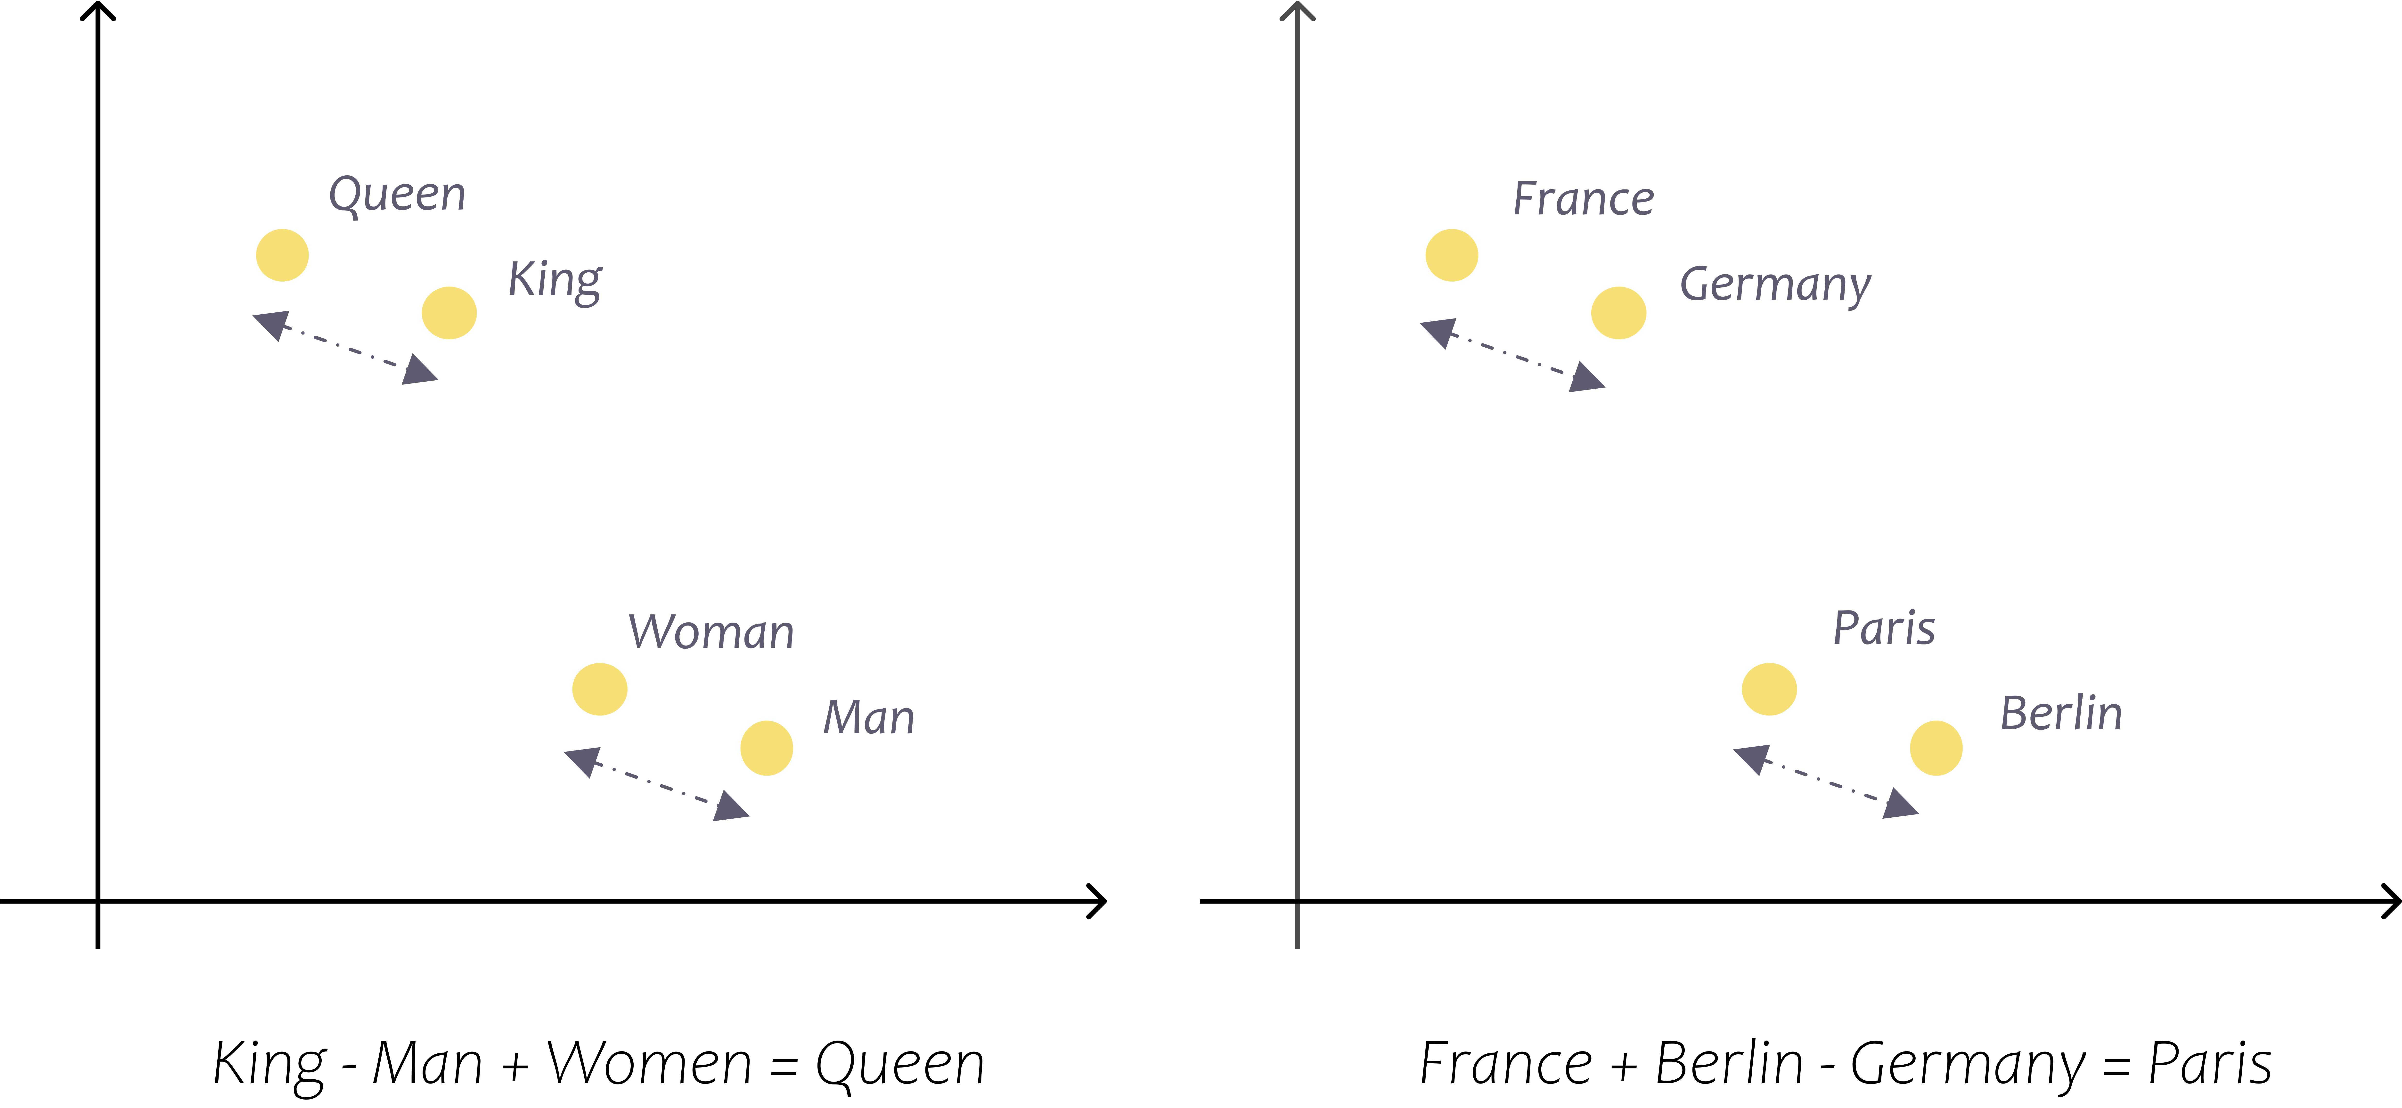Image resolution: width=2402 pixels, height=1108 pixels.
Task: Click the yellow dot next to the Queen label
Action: tap(283, 255)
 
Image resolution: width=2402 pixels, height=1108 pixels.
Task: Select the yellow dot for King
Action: tap(449, 312)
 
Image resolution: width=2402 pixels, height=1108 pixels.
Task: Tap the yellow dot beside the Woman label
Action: tap(600, 689)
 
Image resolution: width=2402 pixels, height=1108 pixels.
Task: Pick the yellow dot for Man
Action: tap(767, 748)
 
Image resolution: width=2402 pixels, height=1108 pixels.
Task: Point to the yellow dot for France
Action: tap(1452, 255)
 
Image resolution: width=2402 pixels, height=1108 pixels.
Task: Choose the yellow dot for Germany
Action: tap(1619, 312)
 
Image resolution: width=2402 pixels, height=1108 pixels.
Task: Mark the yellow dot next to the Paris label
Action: tap(1769, 689)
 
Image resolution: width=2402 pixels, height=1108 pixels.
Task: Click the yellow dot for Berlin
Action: tap(1936, 748)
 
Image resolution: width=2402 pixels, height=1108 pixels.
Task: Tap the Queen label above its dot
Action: tap(397, 196)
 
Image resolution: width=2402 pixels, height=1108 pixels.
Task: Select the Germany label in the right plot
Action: tap(1775, 285)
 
